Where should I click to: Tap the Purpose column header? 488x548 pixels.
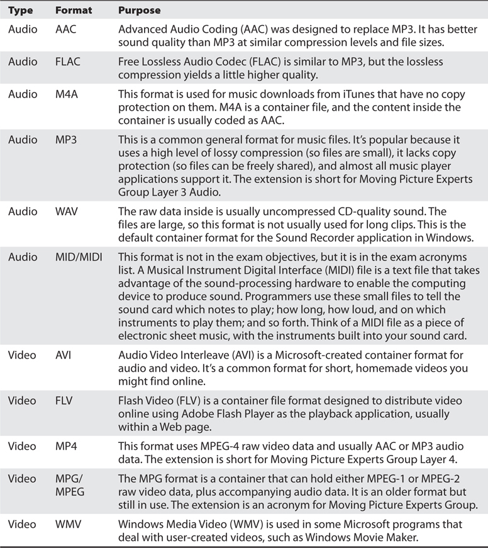pos(139,11)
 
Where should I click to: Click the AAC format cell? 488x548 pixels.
pos(66,29)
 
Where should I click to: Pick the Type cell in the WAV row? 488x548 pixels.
pos(23,194)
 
